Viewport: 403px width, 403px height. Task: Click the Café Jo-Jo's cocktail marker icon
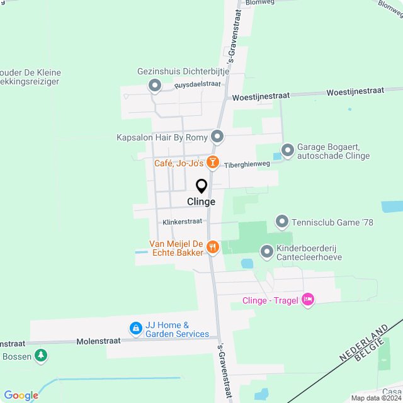point(213,163)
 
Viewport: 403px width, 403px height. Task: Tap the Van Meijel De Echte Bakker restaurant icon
point(213,247)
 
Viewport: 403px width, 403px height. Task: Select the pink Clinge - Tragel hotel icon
point(308,300)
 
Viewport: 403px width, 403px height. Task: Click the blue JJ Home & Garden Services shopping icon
point(135,328)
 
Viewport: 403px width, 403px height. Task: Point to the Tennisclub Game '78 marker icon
point(281,221)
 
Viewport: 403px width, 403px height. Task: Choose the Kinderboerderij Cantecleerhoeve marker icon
point(267,252)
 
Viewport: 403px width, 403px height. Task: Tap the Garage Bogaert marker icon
point(288,150)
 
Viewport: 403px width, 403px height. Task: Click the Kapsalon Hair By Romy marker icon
point(218,137)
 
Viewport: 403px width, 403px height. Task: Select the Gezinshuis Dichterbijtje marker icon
point(154,85)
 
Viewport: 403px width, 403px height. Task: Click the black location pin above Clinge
point(201,186)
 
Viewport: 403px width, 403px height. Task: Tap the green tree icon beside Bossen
point(41,356)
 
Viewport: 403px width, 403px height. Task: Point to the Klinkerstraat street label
point(182,222)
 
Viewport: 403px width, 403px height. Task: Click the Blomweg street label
point(261,3)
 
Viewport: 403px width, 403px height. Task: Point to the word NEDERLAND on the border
point(361,343)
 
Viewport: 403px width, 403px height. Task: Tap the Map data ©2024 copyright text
point(376,398)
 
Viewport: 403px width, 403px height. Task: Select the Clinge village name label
point(201,202)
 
